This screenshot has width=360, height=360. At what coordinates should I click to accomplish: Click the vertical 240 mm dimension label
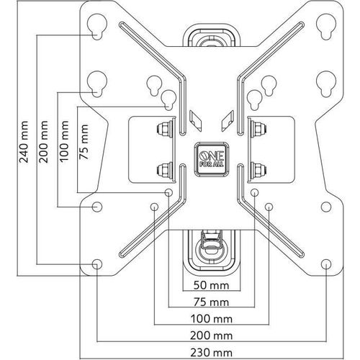24,142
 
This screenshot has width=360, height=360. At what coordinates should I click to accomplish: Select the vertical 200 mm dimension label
44,142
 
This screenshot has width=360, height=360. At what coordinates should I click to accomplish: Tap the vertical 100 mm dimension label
64,141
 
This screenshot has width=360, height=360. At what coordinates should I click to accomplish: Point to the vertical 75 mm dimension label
84,142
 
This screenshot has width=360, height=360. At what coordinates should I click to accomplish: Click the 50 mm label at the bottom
211,285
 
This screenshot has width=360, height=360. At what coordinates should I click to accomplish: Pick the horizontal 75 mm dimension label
211,302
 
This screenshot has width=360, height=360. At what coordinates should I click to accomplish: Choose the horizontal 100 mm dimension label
211,319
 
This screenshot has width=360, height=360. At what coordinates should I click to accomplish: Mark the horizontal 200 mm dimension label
211,336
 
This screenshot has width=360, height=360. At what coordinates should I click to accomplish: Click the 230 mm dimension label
211,353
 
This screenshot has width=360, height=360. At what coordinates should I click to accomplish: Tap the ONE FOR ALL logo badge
211,159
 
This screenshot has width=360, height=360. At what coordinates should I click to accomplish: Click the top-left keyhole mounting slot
96,27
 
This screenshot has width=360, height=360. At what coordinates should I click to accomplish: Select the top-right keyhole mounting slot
326,27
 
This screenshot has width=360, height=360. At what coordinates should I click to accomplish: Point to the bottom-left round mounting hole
97,264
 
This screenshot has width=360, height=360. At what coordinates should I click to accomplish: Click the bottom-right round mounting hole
326,264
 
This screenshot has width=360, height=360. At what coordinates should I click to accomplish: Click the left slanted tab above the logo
195,121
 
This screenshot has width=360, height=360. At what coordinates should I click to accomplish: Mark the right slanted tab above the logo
228,121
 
